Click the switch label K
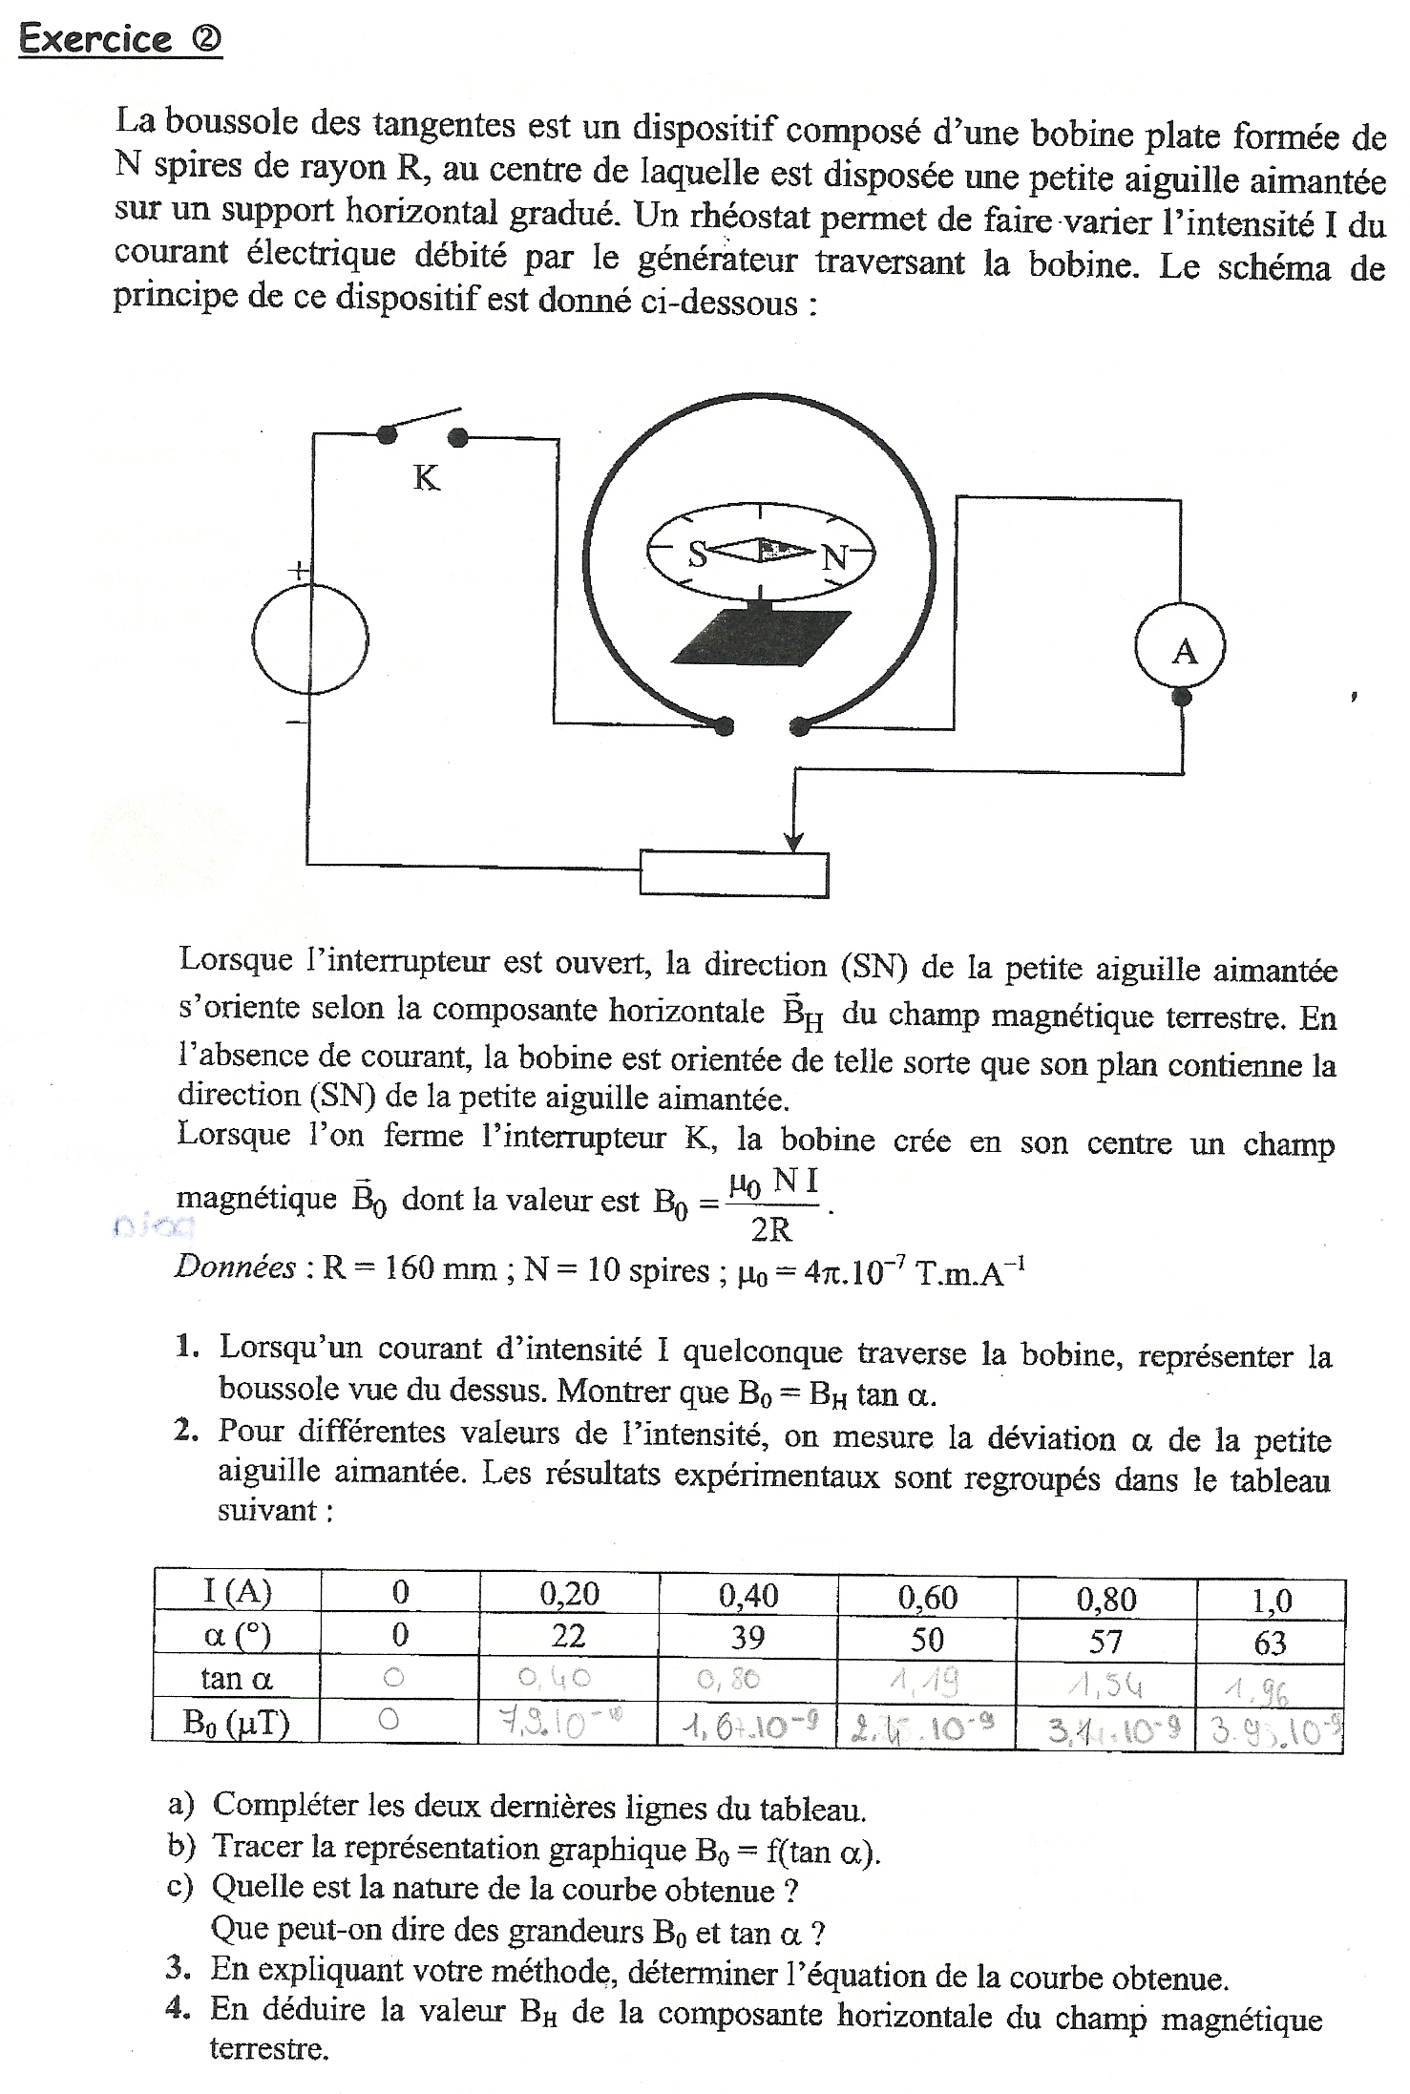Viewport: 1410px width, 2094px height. coord(426,478)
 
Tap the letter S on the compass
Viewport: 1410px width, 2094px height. coord(698,553)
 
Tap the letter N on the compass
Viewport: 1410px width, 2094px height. coord(834,556)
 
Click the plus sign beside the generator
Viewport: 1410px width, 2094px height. coord(299,572)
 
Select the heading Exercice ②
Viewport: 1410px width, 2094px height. coord(120,39)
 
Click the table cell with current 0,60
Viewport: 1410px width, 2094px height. coord(926,1597)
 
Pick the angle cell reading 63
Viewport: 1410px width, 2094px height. coord(1269,1643)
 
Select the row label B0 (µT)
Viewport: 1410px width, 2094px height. coord(236,1722)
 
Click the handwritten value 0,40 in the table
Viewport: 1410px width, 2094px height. coord(567,1678)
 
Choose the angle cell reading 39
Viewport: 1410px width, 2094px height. coord(747,1638)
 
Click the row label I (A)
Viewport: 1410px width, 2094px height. coord(237,1592)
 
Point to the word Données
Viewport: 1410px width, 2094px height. coord(235,1267)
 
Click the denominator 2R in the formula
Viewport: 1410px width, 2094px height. coord(771,1230)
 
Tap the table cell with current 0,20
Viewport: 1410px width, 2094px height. coord(568,1593)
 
